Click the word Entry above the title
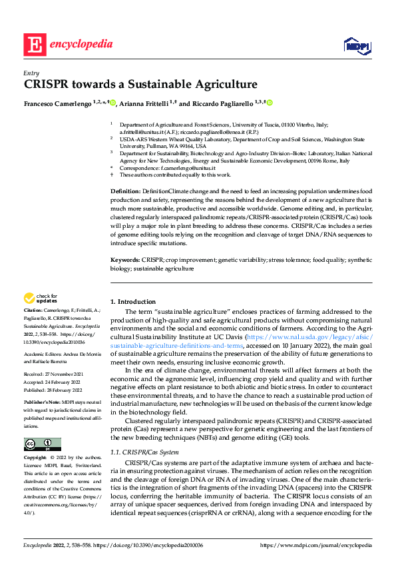(30, 73)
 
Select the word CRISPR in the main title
(47, 85)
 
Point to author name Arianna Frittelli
(145, 103)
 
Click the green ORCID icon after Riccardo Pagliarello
(270, 103)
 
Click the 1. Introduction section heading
(132, 301)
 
